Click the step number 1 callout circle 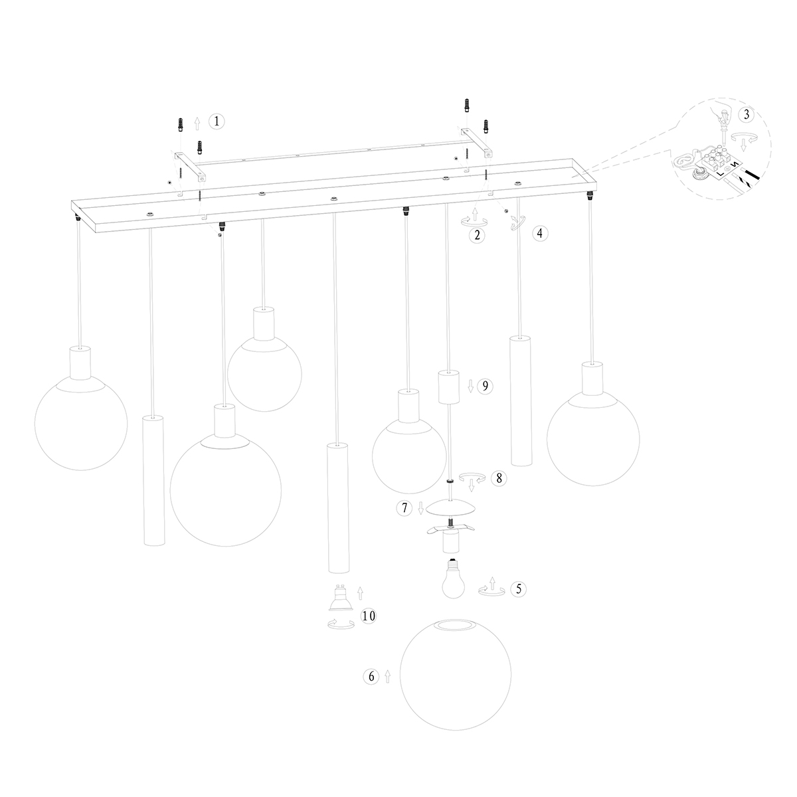click(217, 121)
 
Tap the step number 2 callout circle click(478, 235)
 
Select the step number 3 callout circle click(747, 114)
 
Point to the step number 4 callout click(540, 233)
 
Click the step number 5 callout click(519, 588)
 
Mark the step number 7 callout click(404, 508)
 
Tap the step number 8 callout click(499, 478)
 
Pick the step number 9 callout click(485, 386)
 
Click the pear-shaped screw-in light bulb click(454, 578)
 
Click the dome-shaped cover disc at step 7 click(451, 507)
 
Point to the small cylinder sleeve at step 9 click(449, 387)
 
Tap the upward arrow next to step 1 click(197, 124)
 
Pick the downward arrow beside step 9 click(471, 387)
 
